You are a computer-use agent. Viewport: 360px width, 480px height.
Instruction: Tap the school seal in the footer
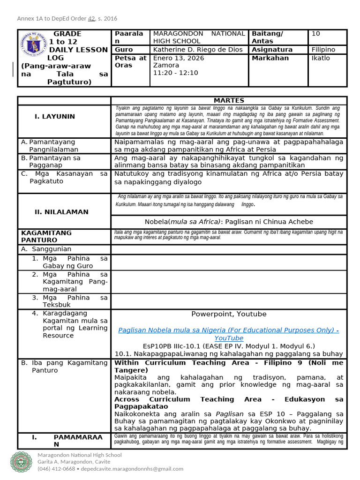point(22,462)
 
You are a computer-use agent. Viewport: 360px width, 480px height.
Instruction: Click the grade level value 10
point(316,34)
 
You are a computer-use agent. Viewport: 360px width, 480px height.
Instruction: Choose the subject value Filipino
point(323,49)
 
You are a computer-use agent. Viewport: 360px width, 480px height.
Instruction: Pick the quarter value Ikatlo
point(321,58)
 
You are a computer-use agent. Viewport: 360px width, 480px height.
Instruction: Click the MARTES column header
point(229,100)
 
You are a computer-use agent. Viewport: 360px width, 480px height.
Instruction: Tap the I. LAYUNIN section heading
point(54,116)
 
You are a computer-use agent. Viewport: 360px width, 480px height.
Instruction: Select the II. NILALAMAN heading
point(61,212)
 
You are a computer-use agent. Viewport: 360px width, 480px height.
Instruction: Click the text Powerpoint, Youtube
point(229,314)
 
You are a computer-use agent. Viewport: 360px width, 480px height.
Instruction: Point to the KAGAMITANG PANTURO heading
point(46,236)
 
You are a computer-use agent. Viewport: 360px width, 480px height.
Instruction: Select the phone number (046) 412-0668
point(56,469)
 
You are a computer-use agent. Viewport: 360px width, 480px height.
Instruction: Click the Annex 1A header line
point(67,19)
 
